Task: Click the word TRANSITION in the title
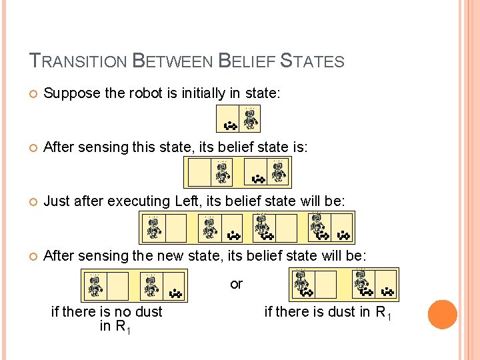pyautogui.click(x=79, y=62)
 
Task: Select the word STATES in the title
pyautogui.click(x=312, y=62)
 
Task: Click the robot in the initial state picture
pyautogui.click(x=250, y=119)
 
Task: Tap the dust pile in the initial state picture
pyautogui.click(x=230, y=124)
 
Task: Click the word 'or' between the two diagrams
pyautogui.click(x=236, y=285)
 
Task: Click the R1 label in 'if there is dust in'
pyautogui.click(x=383, y=312)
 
